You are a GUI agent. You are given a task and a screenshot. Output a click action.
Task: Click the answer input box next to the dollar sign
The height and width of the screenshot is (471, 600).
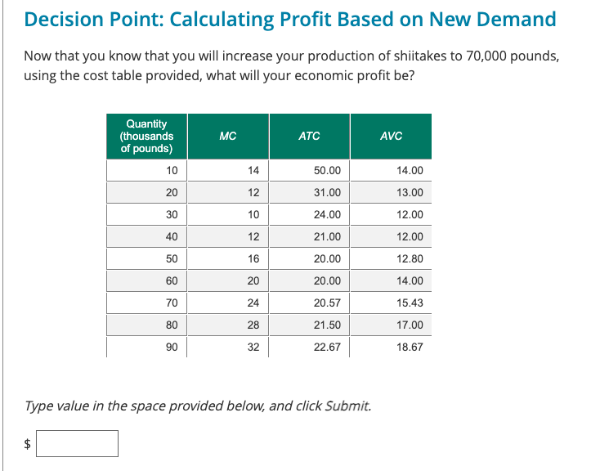tap(78, 443)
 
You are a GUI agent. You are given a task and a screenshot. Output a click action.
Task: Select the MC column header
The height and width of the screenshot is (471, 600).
tap(228, 137)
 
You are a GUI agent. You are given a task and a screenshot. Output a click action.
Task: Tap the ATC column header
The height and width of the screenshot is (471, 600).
tap(309, 137)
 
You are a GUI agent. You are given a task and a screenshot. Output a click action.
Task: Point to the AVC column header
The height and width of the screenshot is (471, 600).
tap(391, 137)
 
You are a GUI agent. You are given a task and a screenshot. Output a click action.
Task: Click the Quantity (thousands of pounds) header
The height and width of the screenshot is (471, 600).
tap(146, 137)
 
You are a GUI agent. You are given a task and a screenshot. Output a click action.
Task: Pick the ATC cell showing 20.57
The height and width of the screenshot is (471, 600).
tap(328, 303)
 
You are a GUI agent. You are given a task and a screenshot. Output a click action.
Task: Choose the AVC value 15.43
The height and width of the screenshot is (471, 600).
tap(410, 303)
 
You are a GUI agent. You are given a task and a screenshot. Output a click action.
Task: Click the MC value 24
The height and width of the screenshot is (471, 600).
tap(253, 303)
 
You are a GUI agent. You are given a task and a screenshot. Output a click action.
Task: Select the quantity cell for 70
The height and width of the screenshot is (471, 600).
tap(171, 303)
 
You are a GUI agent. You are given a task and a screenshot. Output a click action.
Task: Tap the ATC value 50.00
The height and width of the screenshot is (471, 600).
tap(328, 170)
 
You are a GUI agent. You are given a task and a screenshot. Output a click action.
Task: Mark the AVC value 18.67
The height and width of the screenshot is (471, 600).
tap(410, 347)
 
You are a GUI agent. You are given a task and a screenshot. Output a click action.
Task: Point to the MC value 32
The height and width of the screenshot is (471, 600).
tap(253, 347)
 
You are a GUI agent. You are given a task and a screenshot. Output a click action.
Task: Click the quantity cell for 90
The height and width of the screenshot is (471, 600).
tap(171, 347)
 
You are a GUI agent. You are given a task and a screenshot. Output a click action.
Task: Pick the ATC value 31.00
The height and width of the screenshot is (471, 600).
tap(328, 192)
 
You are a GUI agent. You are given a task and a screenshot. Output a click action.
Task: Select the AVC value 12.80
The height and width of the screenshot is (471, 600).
tap(410, 258)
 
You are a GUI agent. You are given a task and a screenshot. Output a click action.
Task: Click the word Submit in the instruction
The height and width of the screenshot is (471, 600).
tap(347, 406)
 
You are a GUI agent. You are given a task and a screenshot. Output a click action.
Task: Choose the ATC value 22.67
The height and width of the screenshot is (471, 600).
tap(328, 347)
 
